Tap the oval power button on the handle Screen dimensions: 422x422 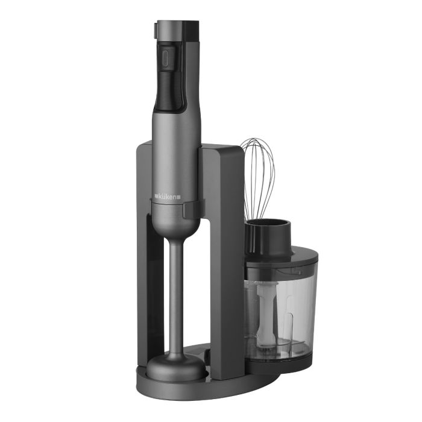(166, 58)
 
